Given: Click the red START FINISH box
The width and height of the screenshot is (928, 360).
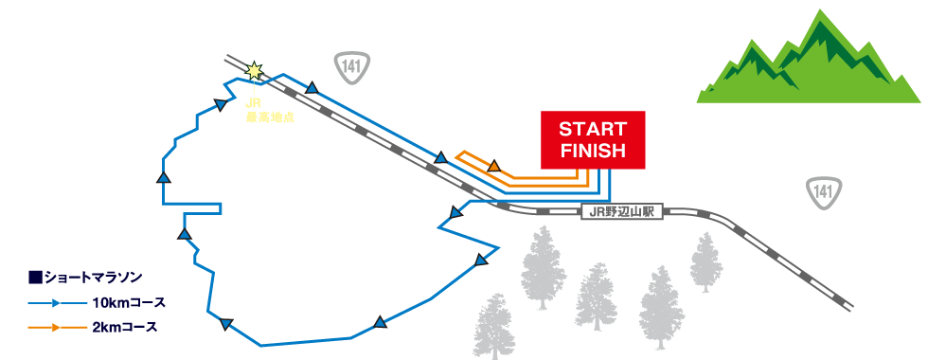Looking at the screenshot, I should [x=592, y=139].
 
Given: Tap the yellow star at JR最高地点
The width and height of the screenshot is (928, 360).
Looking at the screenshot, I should [x=254, y=70].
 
